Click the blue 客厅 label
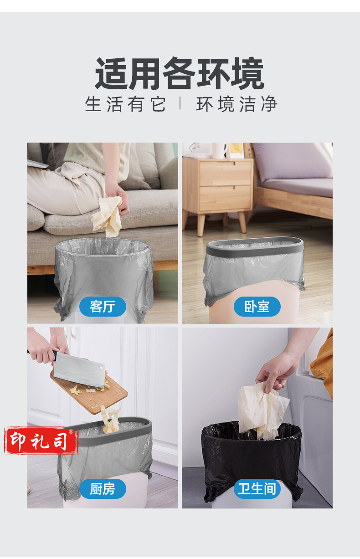103,307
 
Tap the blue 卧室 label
257,307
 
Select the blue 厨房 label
103,489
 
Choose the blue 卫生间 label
257,489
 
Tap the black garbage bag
252,462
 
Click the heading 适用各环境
180,74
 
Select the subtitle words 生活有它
125,104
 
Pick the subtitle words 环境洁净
237,104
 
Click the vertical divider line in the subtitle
180,103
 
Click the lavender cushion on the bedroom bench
293,165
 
